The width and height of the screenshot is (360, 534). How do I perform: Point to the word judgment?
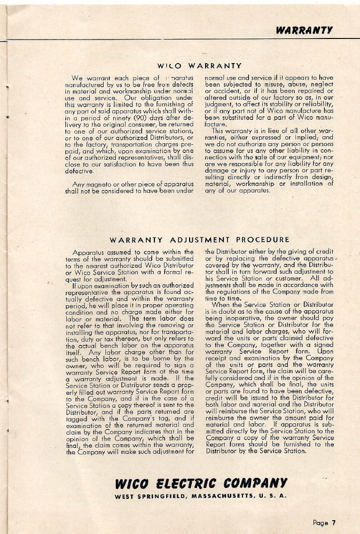[x=224, y=105]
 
